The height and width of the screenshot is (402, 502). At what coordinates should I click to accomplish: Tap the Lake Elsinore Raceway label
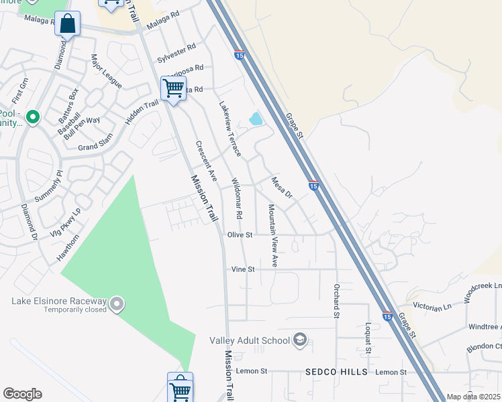60,301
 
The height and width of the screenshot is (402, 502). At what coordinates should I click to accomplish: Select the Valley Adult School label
250,340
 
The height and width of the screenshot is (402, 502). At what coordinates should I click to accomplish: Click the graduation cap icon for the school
300,340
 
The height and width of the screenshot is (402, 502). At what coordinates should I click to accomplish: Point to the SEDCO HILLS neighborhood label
336,372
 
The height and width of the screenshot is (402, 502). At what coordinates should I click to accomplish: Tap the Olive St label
240,235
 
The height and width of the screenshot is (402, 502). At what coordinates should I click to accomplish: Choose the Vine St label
244,269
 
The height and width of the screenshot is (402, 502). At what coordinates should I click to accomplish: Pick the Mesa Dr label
282,187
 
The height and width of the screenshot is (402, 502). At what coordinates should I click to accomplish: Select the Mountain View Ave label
273,236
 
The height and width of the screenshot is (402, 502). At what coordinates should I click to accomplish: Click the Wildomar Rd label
237,199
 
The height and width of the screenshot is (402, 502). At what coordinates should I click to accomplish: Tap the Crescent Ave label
207,161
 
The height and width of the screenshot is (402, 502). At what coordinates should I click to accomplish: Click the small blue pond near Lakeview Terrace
256,119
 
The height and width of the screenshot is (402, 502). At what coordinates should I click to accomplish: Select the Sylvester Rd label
177,54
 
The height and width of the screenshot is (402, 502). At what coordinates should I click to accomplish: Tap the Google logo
22,394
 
